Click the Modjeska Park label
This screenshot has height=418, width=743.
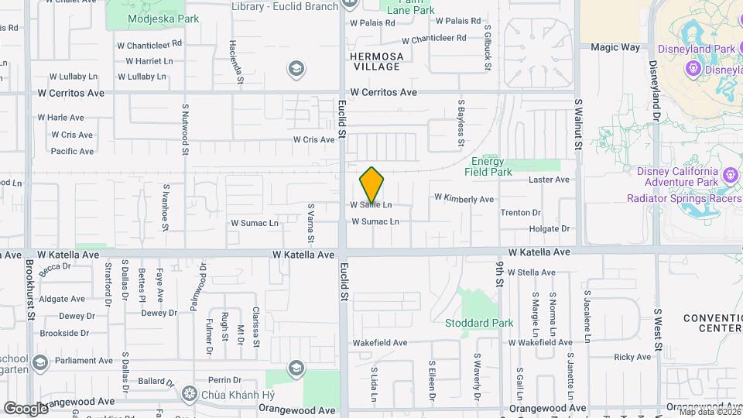[163, 19]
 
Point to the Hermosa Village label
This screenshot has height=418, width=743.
[375, 61]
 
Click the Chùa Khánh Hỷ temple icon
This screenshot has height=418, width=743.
[188, 393]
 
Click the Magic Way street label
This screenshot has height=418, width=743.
[615, 47]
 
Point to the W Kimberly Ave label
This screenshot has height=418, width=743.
[464, 199]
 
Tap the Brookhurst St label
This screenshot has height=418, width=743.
[30, 288]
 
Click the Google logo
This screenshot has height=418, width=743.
[26, 408]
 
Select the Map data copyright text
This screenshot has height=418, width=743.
[709, 412]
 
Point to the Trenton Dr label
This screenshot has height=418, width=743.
[520, 212]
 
